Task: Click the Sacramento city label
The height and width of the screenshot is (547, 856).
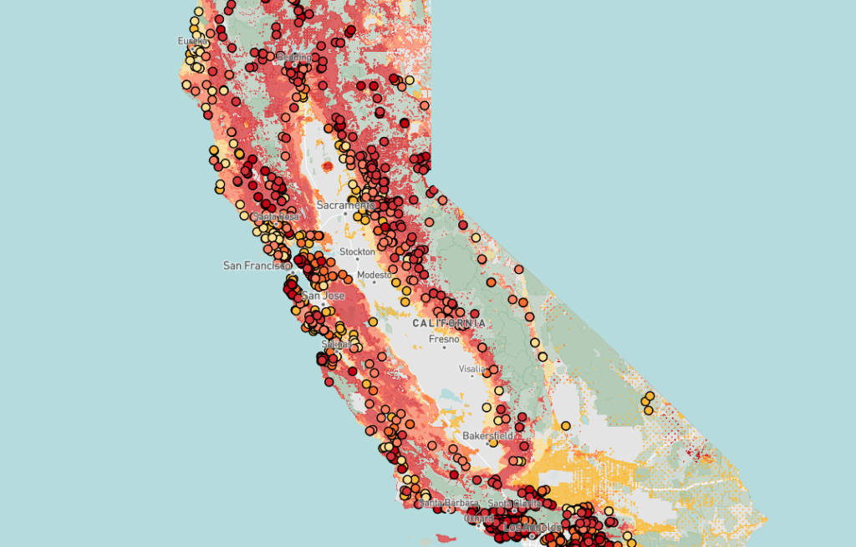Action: click(x=345, y=205)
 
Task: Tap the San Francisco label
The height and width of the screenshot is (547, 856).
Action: click(x=256, y=266)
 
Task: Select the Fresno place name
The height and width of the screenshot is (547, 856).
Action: click(x=444, y=339)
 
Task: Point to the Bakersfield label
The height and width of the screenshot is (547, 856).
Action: click(x=487, y=436)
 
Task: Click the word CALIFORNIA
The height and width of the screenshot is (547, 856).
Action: click(x=449, y=322)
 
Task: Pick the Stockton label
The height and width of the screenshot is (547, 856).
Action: click(x=358, y=251)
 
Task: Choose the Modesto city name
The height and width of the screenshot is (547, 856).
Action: click(x=374, y=275)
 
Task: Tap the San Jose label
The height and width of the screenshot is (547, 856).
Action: click(x=324, y=296)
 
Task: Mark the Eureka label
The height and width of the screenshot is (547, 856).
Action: click(x=192, y=41)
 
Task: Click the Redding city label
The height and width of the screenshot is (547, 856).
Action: click(x=293, y=56)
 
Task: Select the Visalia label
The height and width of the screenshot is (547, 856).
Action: click(x=471, y=368)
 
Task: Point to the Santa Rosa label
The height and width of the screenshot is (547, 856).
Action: click(x=275, y=216)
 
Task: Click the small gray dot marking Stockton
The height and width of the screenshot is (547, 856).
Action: click(x=358, y=261)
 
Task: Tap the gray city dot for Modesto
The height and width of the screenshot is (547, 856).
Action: click(x=374, y=283)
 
